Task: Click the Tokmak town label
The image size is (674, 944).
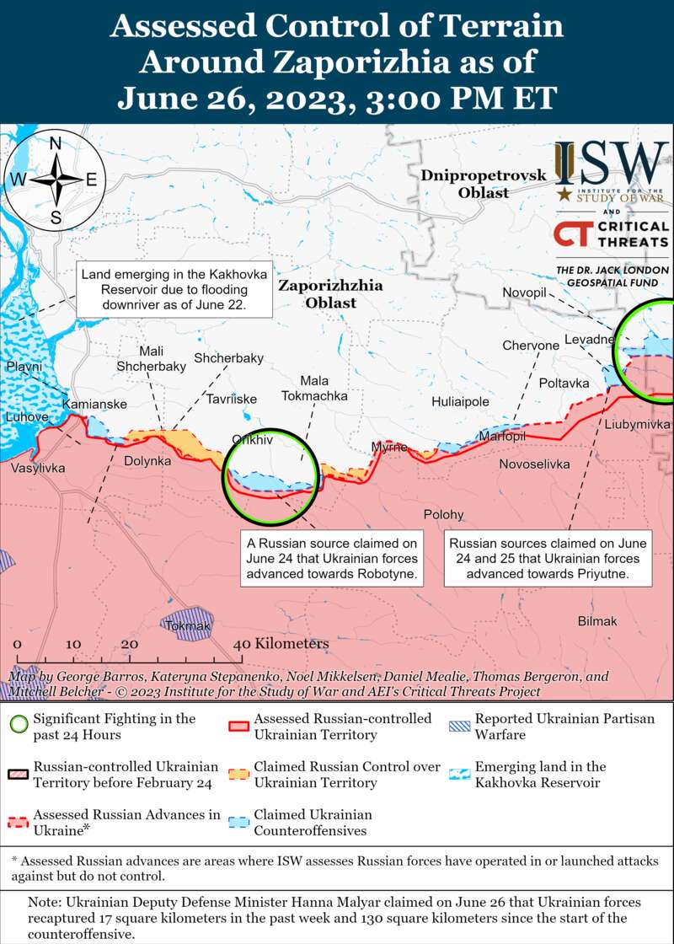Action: pyautogui.click(x=182, y=626)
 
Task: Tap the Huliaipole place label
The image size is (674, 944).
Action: pyautogui.click(x=460, y=402)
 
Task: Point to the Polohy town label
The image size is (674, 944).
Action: pyautogui.click(x=443, y=514)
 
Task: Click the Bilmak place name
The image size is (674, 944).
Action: pyautogui.click(x=597, y=621)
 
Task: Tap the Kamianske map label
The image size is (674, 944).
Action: pyautogui.click(x=95, y=405)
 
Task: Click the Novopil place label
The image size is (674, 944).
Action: pyautogui.click(x=525, y=292)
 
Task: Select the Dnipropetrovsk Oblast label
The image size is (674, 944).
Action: pyautogui.click(x=484, y=184)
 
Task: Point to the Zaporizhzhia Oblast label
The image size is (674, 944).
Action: pyautogui.click(x=330, y=294)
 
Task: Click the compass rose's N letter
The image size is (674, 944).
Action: pyautogui.click(x=56, y=143)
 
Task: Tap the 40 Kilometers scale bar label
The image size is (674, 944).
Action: pyautogui.click(x=281, y=643)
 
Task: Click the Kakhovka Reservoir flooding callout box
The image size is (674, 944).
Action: pyautogui.click(x=174, y=290)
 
